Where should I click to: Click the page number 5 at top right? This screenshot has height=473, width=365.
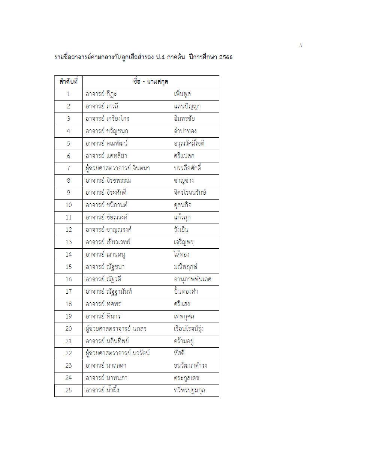point(301,45)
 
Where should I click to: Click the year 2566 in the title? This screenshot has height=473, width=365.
point(226,57)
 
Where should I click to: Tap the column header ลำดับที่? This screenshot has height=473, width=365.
point(69,81)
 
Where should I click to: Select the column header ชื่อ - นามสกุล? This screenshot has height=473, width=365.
point(151,81)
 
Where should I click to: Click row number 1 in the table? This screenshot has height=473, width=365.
point(69,94)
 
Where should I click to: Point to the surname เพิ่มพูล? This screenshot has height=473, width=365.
point(182,94)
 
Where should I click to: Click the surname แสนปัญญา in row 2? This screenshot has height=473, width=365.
point(187,107)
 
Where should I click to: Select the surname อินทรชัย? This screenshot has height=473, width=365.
point(184,119)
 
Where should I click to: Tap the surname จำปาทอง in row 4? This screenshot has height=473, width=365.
point(185,131)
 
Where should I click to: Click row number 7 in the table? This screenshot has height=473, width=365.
point(69,168)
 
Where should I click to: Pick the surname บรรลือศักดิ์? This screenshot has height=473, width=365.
point(187,168)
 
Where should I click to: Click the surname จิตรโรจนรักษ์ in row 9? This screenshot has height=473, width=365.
point(190,193)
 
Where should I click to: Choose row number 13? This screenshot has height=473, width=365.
point(69,242)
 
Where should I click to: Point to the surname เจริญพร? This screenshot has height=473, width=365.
point(184,242)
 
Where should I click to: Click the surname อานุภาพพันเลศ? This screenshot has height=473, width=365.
point(193,279)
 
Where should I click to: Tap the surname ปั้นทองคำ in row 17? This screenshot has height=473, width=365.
point(186,291)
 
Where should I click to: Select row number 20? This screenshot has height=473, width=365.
point(69,329)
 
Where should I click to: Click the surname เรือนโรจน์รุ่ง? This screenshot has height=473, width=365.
point(189,329)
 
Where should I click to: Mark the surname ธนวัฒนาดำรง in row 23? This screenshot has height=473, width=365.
point(190,365)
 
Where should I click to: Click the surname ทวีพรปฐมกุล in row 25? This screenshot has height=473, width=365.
point(190,390)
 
